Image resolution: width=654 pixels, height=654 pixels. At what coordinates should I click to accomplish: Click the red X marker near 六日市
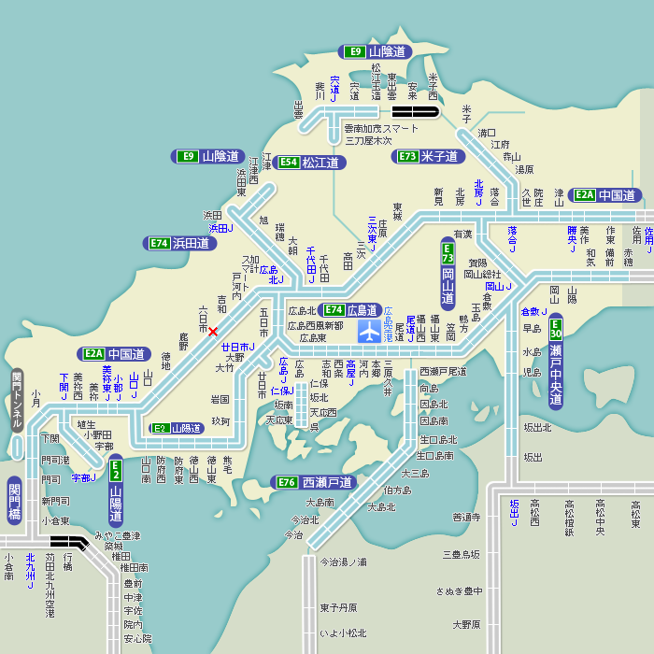coord(213,332)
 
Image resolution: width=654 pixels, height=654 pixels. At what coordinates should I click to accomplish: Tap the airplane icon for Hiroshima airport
coord(370,331)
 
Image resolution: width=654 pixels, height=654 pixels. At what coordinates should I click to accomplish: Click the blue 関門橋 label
coord(14,502)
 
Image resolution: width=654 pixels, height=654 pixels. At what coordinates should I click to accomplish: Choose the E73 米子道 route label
coord(428,156)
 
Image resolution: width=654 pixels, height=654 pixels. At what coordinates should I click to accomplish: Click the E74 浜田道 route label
coord(180,243)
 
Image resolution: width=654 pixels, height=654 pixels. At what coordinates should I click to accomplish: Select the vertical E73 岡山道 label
coord(448,274)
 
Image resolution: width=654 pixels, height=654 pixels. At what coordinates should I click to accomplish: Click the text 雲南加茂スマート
coord(381,128)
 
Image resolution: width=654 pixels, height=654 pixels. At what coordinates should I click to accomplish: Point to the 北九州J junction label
coord(31,571)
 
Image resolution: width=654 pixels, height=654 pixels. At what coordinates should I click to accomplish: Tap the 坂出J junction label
coord(513,512)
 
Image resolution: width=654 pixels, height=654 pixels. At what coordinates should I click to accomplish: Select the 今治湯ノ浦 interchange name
coord(343,562)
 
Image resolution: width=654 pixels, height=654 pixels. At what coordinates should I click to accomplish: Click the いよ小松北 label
coord(343,633)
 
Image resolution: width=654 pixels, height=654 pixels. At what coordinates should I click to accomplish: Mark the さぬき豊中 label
coord(459,590)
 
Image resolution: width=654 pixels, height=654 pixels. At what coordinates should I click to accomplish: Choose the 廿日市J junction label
coord(238,347)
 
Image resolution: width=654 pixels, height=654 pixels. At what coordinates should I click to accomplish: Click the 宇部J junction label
coord(84,477)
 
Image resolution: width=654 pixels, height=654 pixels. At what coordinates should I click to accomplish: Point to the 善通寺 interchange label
coord(465,517)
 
